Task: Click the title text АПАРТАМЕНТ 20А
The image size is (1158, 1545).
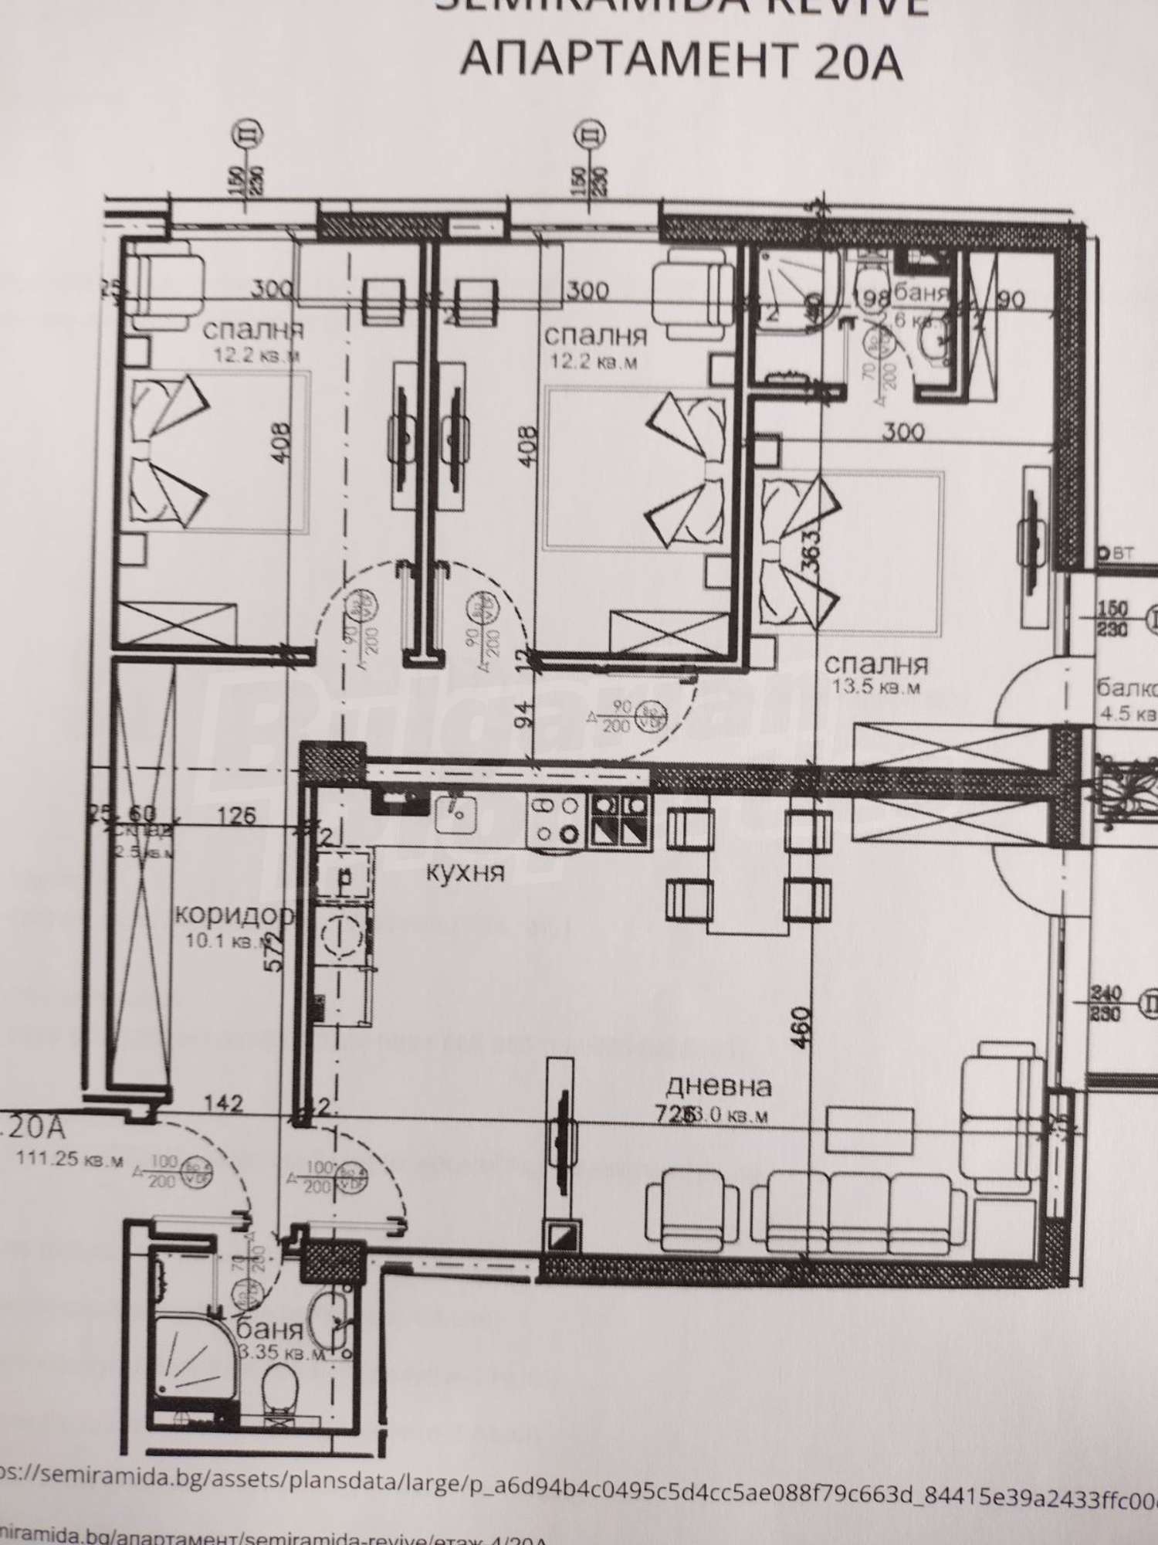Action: click(x=681, y=62)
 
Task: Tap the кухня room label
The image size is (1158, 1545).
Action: click(x=466, y=873)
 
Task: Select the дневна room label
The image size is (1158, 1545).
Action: click(x=718, y=1087)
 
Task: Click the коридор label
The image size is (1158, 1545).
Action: click(x=235, y=915)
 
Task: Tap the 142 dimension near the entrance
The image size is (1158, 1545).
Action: click(x=225, y=1104)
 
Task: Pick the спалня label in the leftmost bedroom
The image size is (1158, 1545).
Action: click(x=252, y=331)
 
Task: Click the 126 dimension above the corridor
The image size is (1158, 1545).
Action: click(x=236, y=815)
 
